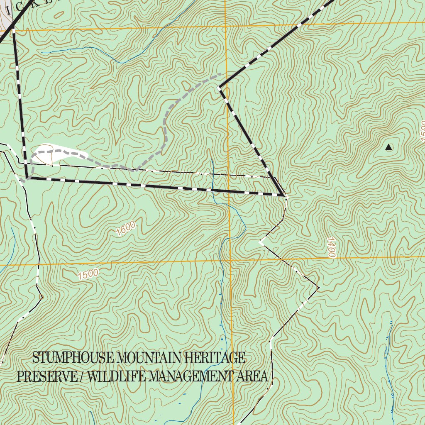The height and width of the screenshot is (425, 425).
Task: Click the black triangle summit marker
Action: pos(388,147)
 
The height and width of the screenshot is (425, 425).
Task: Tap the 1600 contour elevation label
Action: pos(126,229)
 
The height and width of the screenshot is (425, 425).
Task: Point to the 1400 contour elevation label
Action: pos(330,247)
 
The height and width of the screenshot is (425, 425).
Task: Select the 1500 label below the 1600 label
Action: pos(88,274)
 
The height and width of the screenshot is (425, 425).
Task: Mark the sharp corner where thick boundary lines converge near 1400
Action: pos(283,194)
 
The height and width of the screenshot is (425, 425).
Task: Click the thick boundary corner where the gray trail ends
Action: pos(219,87)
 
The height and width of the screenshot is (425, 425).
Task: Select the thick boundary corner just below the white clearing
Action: pos(27,178)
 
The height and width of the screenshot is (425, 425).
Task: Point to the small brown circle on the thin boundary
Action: pos(41,297)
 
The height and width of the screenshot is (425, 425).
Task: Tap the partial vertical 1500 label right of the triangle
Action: pos(422,132)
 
